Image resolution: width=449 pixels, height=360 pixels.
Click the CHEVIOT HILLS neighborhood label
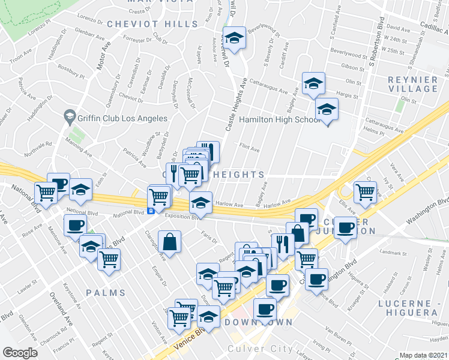152,24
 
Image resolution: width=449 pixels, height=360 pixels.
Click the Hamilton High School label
280,120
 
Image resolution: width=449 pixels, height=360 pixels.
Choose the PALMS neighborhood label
105,293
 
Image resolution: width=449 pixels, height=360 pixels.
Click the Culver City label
260,349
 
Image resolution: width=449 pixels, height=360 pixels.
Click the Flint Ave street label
249,146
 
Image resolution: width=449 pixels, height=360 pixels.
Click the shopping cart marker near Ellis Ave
365,192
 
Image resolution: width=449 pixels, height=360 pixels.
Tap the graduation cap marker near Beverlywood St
234,38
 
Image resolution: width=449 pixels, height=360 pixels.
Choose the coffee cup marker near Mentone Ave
76,226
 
